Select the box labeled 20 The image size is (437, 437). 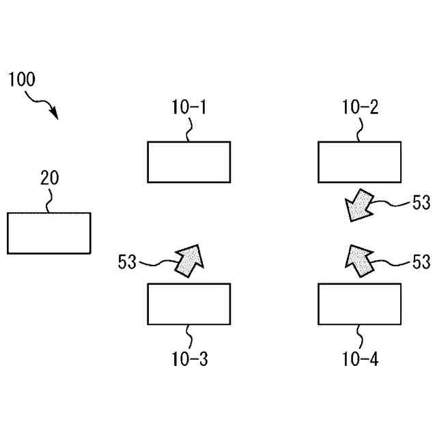click(48, 233)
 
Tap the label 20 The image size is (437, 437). click(49, 178)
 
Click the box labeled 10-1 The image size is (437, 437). click(188, 162)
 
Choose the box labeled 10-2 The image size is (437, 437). click(360, 162)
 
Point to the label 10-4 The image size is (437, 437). click(360, 358)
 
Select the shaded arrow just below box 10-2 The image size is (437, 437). click(358, 206)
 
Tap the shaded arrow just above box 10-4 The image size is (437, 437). click(358, 259)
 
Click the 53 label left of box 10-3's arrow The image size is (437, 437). click(128, 262)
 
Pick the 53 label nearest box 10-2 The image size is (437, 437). click(421, 202)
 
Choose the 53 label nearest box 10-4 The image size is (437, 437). click(421, 262)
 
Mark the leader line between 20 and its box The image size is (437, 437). click(49, 200)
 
